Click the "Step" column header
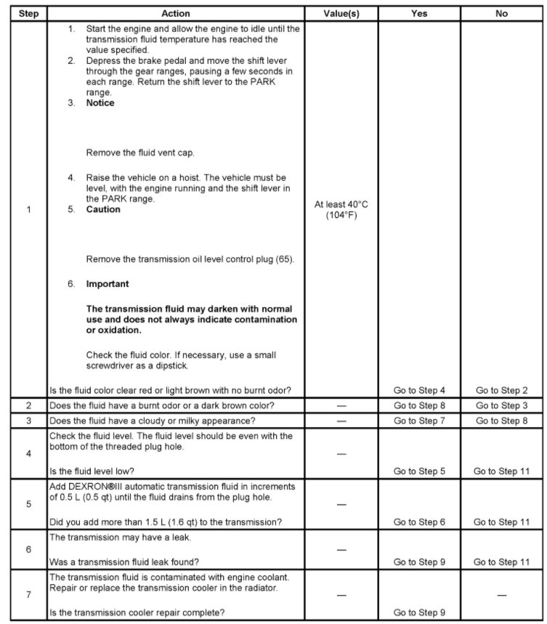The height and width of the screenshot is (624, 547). coord(28,13)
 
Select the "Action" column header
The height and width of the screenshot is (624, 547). coord(175,13)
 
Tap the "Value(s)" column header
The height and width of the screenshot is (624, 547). coord(341,13)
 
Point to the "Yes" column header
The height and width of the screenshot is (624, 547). coord(419,13)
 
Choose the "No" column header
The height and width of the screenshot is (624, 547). coord(501,13)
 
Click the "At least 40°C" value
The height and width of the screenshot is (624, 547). coord(341,205)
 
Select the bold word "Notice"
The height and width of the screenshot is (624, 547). coord(100,103)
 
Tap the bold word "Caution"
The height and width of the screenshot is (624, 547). coord(103,209)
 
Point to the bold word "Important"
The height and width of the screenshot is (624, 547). coord(107,284)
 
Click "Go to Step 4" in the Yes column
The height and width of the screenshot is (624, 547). coord(419,390)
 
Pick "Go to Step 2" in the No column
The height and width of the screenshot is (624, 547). coord(501,390)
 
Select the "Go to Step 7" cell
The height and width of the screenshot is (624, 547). coord(419,421)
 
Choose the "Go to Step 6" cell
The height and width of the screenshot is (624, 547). coord(419,522)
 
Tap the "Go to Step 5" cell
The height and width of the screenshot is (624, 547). coord(419,471)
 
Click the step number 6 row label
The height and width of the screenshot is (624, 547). coord(28,549)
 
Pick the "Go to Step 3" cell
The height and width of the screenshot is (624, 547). coord(501,405)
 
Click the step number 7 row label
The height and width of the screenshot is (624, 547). coord(28,595)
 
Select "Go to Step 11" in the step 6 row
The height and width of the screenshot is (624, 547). coord(501,562)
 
